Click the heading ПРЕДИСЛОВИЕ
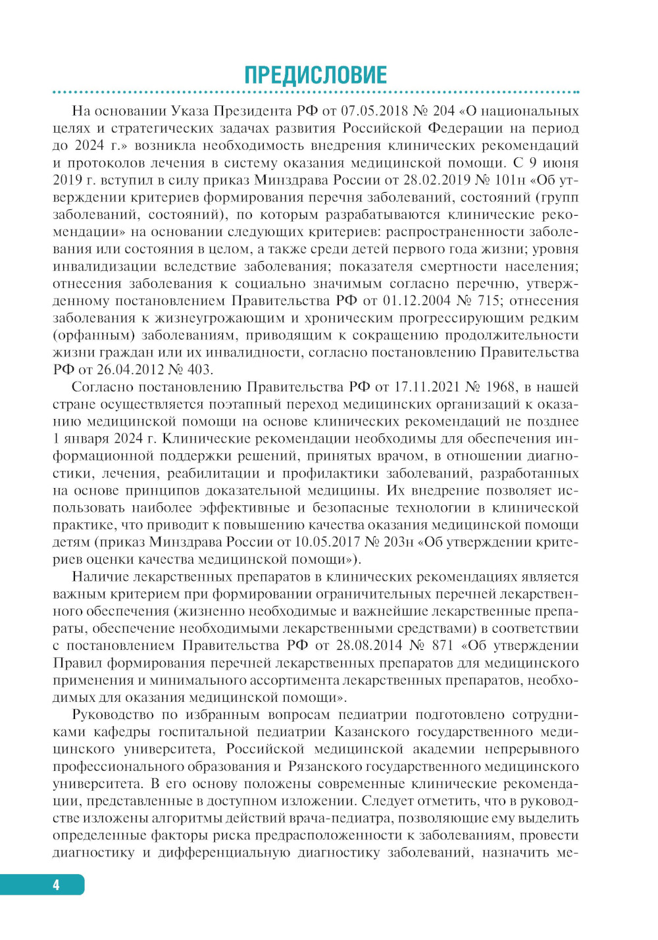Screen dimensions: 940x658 (315, 74)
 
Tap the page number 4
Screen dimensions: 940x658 (56, 885)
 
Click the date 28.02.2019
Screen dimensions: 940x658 (438, 180)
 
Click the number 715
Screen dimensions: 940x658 (488, 301)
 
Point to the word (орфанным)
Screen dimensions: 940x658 (93, 335)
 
